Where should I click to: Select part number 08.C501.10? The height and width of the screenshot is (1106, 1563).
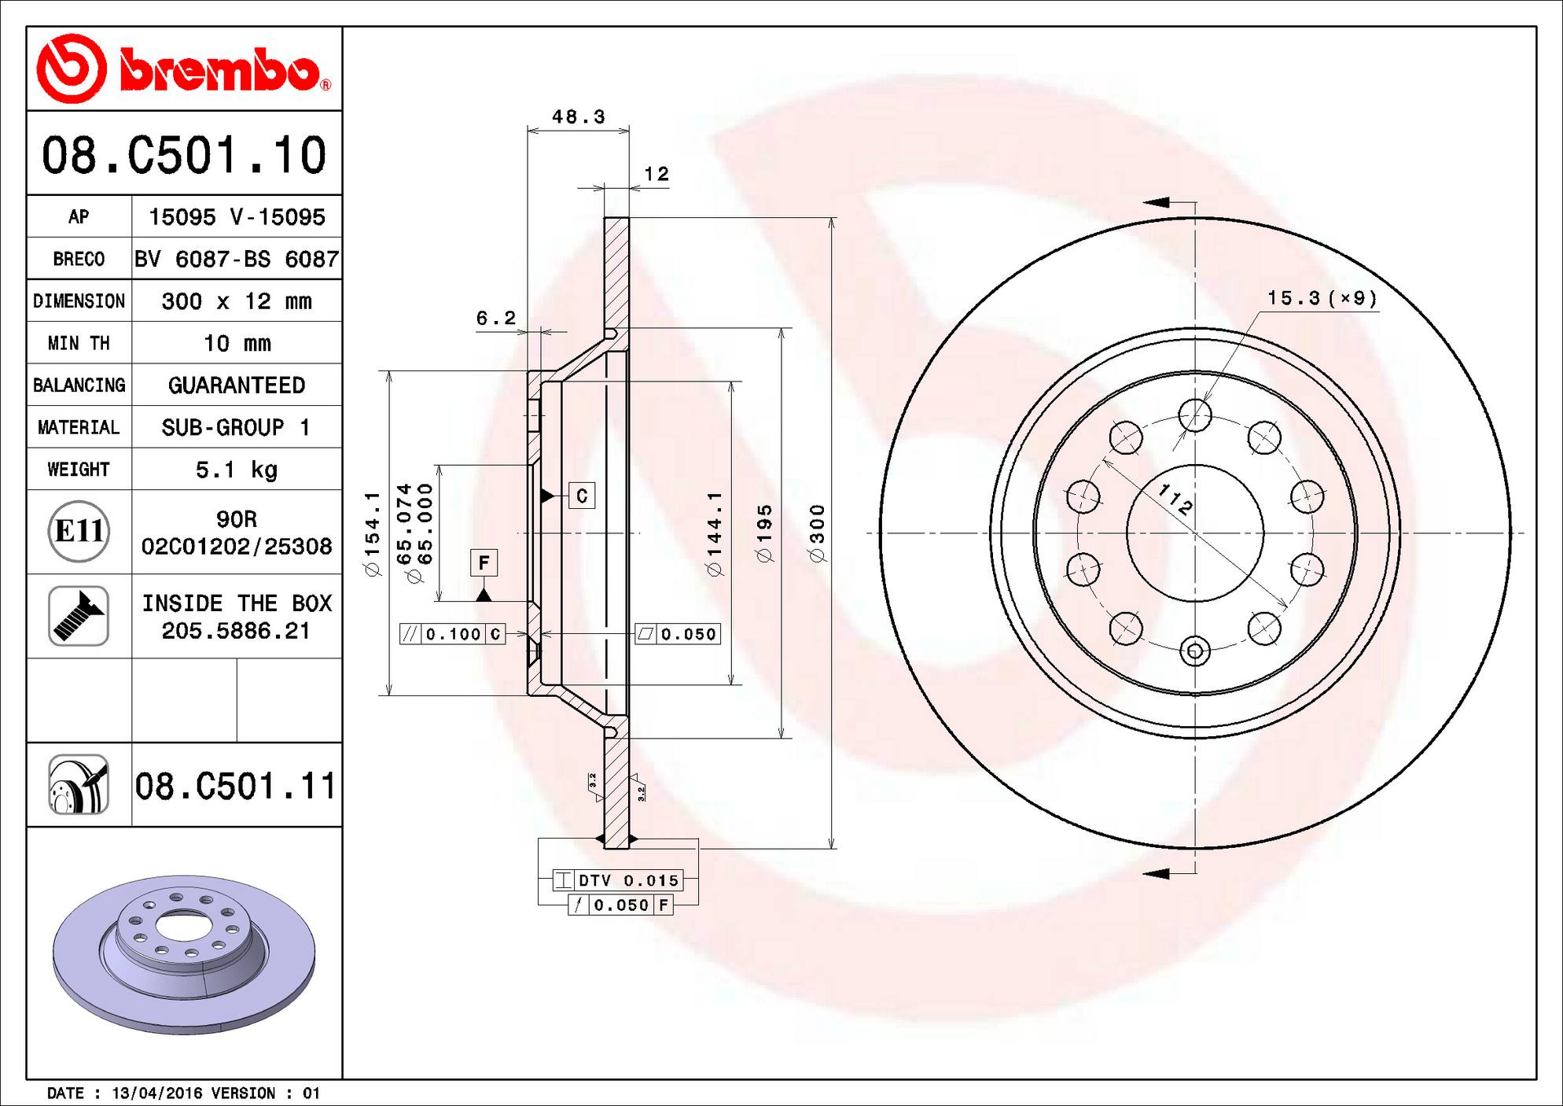pyautogui.click(x=184, y=155)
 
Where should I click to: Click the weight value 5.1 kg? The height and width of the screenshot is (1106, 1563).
pyautogui.click(x=236, y=470)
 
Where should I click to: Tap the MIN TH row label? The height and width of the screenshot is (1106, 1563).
pyautogui.click(x=79, y=344)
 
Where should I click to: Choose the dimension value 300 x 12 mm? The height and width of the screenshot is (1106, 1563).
pyautogui.click(x=236, y=301)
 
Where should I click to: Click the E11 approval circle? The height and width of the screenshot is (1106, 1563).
pyautogui.click(x=79, y=531)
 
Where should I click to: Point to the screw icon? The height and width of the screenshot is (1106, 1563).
pyautogui.click(x=79, y=616)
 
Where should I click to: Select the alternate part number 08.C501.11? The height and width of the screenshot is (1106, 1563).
pyautogui.click(x=235, y=786)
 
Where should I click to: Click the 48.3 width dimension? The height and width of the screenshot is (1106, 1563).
pyautogui.click(x=578, y=117)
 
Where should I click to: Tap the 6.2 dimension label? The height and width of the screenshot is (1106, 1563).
pyautogui.click(x=496, y=318)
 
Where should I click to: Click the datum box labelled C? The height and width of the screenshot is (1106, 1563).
pyautogui.click(x=582, y=496)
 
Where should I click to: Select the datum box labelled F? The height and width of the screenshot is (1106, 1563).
pyautogui.click(x=484, y=562)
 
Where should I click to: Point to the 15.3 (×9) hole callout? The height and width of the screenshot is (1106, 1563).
pyautogui.click(x=1322, y=298)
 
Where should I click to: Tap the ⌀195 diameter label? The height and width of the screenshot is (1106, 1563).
pyautogui.click(x=763, y=533)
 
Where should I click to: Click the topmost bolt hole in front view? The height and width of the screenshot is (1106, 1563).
pyautogui.click(x=1195, y=415)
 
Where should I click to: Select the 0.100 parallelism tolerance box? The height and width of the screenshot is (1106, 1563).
pyautogui.click(x=452, y=634)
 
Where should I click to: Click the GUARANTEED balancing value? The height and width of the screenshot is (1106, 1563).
pyautogui.click(x=236, y=385)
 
